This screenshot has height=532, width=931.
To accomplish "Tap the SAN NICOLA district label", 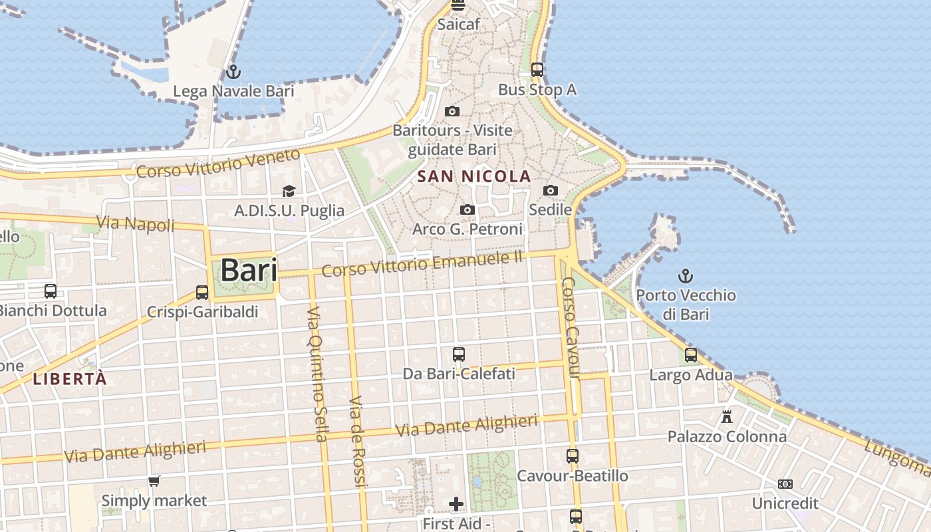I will (473, 176).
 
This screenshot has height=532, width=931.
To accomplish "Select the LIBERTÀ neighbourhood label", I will (69, 379).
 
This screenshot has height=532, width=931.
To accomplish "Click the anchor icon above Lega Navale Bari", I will (233, 72).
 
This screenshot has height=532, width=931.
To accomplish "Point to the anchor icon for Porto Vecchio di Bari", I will (685, 275).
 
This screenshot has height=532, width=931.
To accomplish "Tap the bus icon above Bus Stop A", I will (537, 70).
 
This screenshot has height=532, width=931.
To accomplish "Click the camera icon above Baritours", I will (452, 111).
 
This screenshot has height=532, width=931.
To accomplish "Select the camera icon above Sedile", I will (550, 191).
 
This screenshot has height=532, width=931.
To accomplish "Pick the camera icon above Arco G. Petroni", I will (467, 210).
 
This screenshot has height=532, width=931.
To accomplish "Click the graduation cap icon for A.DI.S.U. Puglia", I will (289, 192).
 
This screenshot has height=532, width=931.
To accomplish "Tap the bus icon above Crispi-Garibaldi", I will (202, 292).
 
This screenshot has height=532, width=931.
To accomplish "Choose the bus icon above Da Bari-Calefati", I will (458, 354).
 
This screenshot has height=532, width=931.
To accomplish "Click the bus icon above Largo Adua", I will (691, 355).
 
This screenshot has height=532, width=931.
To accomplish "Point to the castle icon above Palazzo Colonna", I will (727, 417).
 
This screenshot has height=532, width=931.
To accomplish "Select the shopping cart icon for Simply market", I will (154, 481).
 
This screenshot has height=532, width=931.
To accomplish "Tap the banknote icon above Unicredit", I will (785, 483).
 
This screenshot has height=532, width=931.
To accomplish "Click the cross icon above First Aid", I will (456, 504).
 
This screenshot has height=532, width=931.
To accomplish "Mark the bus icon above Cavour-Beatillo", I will (572, 456).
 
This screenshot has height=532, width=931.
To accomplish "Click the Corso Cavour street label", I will (571, 329).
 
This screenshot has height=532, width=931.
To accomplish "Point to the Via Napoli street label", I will (136, 224).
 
